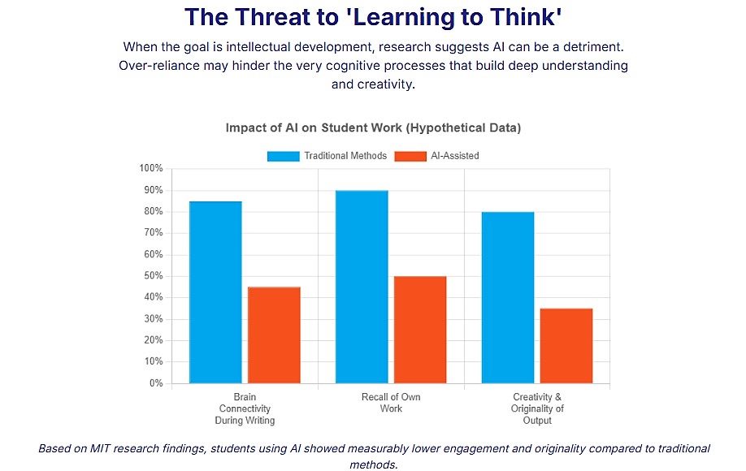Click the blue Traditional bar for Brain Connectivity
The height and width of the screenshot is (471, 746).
point(215,292)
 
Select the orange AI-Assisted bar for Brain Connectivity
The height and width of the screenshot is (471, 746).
point(274,335)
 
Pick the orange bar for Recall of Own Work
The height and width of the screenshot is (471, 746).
point(420,330)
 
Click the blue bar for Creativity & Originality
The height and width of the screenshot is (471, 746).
point(508,297)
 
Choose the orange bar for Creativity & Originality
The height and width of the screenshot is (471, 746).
point(566,346)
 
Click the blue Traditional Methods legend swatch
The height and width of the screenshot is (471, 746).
point(283,156)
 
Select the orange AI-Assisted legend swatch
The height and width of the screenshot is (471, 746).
point(410,156)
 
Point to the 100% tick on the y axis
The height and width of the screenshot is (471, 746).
point(152,169)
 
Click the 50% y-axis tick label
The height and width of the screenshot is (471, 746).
point(154,276)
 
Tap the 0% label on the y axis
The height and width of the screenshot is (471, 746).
point(156,383)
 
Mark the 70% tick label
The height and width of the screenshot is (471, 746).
point(154,233)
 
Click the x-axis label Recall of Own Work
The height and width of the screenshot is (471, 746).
point(391,403)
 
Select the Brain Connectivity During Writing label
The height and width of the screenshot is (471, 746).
point(245,409)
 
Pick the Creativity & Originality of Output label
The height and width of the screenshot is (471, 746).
point(537,409)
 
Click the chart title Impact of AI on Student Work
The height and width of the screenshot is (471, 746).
point(373,128)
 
